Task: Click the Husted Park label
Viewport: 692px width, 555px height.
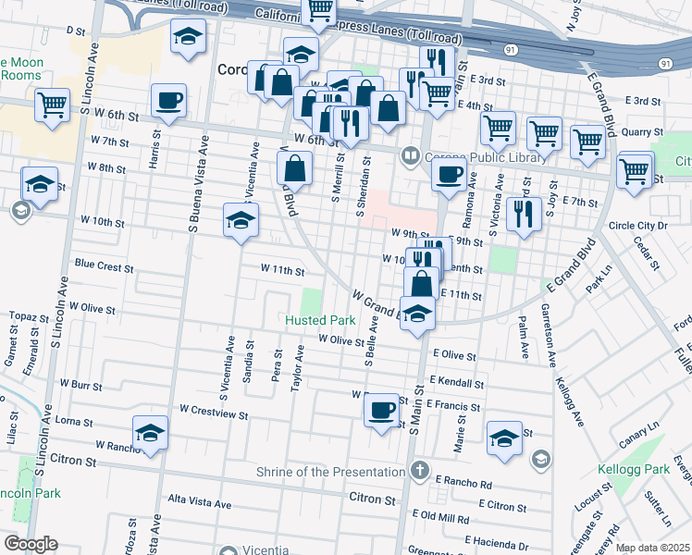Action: pyautogui.click(x=320, y=320)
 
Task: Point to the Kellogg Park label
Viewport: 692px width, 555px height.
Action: pyautogui.click(x=633, y=469)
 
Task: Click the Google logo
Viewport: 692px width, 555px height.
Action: pyautogui.click(x=30, y=544)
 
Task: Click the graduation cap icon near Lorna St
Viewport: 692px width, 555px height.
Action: pyautogui.click(x=150, y=432)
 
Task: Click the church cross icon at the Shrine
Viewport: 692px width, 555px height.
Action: pyautogui.click(x=418, y=470)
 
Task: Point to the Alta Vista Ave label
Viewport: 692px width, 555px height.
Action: pyautogui.click(x=197, y=503)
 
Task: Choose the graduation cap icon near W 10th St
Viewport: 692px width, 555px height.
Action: pyautogui.click(x=241, y=220)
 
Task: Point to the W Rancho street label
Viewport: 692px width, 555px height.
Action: pyautogui.click(x=114, y=446)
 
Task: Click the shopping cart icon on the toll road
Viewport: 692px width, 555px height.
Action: pyautogui.click(x=320, y=10)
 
